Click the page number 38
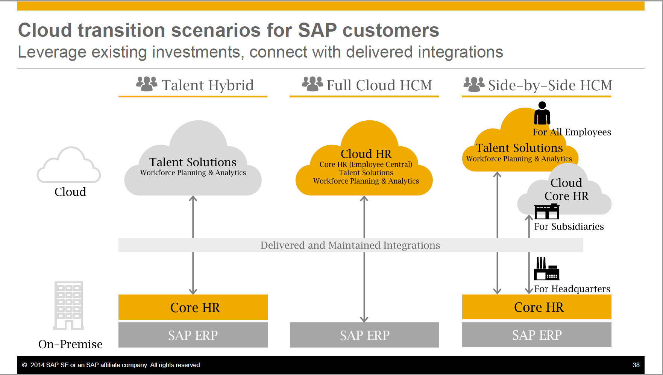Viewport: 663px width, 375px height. tap(636, 365)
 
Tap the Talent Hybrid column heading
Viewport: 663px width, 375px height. tap(208, 85)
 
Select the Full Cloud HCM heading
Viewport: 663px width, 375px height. tap(379, 85)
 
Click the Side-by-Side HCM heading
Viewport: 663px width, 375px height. tap(550, 85)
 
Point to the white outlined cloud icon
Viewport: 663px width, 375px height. tap(69, 165)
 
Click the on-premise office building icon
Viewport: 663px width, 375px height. tap(68, 305)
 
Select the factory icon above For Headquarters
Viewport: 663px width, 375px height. tap(546, 269)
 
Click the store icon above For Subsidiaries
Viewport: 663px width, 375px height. tap(546, 211)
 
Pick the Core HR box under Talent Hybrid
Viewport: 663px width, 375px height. tap(193, 307)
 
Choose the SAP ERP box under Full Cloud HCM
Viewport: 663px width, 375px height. tap(364, 335)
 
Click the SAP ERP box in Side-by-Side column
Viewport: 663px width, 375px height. tap(537, 335)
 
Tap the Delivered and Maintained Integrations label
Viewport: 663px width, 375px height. tap(350, 245)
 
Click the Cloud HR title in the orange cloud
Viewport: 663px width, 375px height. tap(366, 154)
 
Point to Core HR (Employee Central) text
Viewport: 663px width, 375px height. tap(366, 164)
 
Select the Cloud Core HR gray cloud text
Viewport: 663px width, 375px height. tap(566, 189)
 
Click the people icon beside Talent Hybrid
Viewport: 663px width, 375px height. tap(147, 84)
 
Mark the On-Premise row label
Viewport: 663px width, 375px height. tap(70, 344)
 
